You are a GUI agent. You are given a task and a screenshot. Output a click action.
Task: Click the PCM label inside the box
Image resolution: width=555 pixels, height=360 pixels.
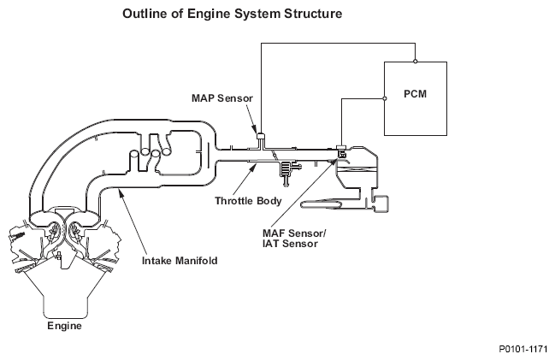tap(416, 94)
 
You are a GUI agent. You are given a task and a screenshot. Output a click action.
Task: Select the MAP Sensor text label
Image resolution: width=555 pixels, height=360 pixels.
tap(222, 98)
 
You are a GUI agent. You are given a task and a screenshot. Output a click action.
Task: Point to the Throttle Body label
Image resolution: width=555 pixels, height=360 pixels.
tap(248, 201)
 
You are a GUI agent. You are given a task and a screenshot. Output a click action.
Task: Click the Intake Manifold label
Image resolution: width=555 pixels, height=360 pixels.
tap(180, 261)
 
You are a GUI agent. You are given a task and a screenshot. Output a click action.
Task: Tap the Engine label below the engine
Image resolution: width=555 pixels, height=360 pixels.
tap(64, 326)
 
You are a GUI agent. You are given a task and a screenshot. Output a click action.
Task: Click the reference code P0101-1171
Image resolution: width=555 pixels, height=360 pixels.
tap(523, 349)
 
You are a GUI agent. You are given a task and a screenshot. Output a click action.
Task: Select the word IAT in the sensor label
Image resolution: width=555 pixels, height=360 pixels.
tap(271, 244)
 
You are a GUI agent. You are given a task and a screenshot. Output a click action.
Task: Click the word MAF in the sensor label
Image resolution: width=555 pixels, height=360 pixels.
tap(274, 233)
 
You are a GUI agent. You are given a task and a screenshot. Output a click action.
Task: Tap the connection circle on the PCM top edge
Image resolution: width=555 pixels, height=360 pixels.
tap(416, 62)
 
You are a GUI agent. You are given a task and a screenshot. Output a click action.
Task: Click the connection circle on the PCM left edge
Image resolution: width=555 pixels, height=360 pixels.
tap(385, 98)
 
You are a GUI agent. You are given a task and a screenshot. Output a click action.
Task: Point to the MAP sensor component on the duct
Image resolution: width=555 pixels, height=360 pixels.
tap(261, 136)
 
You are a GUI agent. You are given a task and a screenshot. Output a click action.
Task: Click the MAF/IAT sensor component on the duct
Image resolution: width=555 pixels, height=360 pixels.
tap(341, 151)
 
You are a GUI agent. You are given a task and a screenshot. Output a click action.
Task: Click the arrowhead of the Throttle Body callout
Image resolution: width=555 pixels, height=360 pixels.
tap(253, 166)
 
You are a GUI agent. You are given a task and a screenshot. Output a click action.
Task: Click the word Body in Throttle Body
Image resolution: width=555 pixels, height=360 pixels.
tap(269, 201)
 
